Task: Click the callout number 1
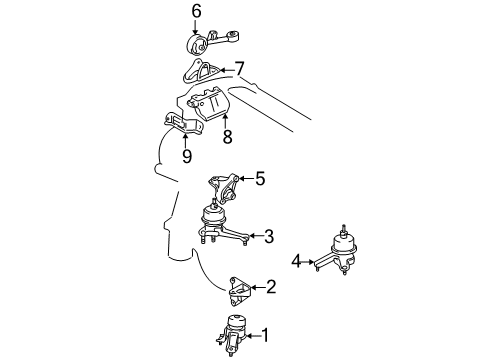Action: click(x=265, y=335)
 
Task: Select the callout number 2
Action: click(x=271, y=287)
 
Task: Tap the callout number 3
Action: click(x=269, y=236)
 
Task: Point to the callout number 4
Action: click(x=296, y=262)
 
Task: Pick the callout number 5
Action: click(x=260, y=178)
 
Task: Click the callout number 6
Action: click(x=196, y=11)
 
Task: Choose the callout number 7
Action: click(x=240, y=69)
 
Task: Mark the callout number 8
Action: click(x=227, y=137)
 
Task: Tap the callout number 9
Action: click(x=187, y=156)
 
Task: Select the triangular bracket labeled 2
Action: click(x=239, y=291)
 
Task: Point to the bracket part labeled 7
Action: click(x=201, y=72)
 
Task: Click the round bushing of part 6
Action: click(x=197, y=45)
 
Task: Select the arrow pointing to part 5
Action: click(x=246, y=179)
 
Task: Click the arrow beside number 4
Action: click(x=308, y=262)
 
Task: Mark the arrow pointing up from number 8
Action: click(x=226, y=121)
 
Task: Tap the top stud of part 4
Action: click(x=343, y=231)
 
